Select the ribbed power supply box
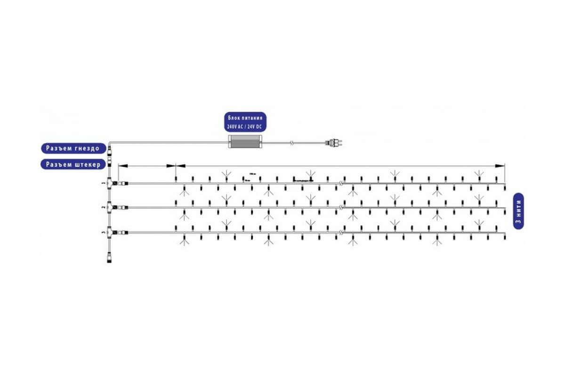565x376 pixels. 245,141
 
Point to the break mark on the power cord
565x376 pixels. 292,141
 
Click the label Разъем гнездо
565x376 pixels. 73,149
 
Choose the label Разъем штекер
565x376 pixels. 73,164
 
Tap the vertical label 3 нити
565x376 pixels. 518,211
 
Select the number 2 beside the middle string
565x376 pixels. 103,207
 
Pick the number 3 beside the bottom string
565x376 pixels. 103,232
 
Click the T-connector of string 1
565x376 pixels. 110,183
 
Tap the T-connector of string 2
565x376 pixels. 110,207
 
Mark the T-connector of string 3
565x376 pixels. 110,232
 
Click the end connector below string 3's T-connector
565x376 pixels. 110,258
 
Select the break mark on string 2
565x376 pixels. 341,207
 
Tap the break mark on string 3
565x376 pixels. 341,233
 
